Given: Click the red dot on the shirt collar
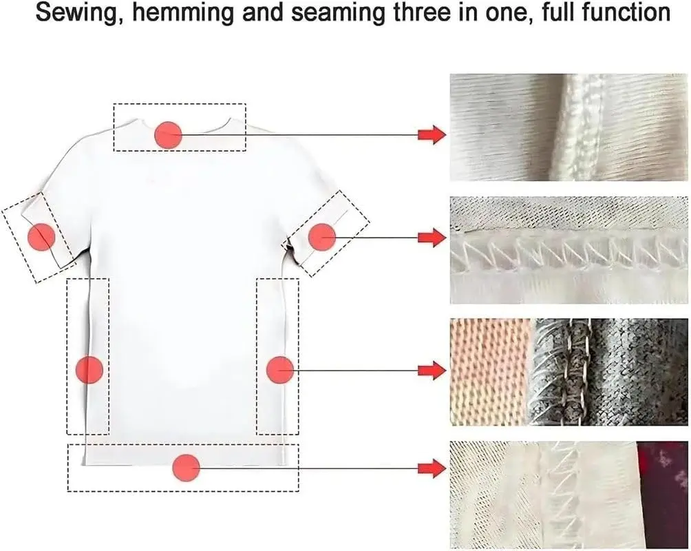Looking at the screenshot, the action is [x=169, y=134].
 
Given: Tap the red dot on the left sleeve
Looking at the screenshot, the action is [x=41, y=237].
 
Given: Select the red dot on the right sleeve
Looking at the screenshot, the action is [x=321, y=237].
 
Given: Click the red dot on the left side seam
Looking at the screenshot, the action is [x=89, y=370].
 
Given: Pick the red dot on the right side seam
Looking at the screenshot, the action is [x=280, y=370].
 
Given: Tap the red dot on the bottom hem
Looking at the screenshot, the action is [x=186, y=468].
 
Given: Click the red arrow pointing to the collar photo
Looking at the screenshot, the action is [x=432, y=134].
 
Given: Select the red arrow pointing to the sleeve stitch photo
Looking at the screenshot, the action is [x=432, y=238].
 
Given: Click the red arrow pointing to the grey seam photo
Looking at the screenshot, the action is [x=432, y=370].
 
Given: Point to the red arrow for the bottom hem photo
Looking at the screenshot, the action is [x=432, y=468].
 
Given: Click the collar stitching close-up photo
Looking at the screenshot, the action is [x=568, y=127].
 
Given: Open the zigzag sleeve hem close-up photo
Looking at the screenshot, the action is [x=568, y=250].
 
